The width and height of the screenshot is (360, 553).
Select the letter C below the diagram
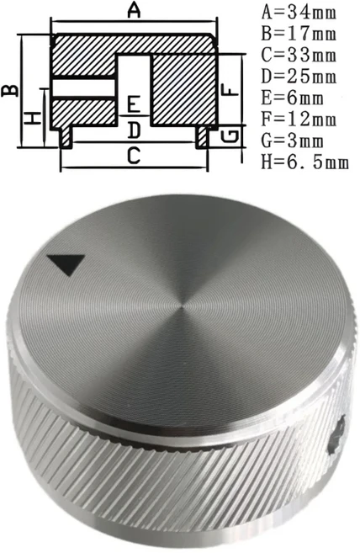point(133,156)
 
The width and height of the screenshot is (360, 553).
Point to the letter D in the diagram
point(133,130)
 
